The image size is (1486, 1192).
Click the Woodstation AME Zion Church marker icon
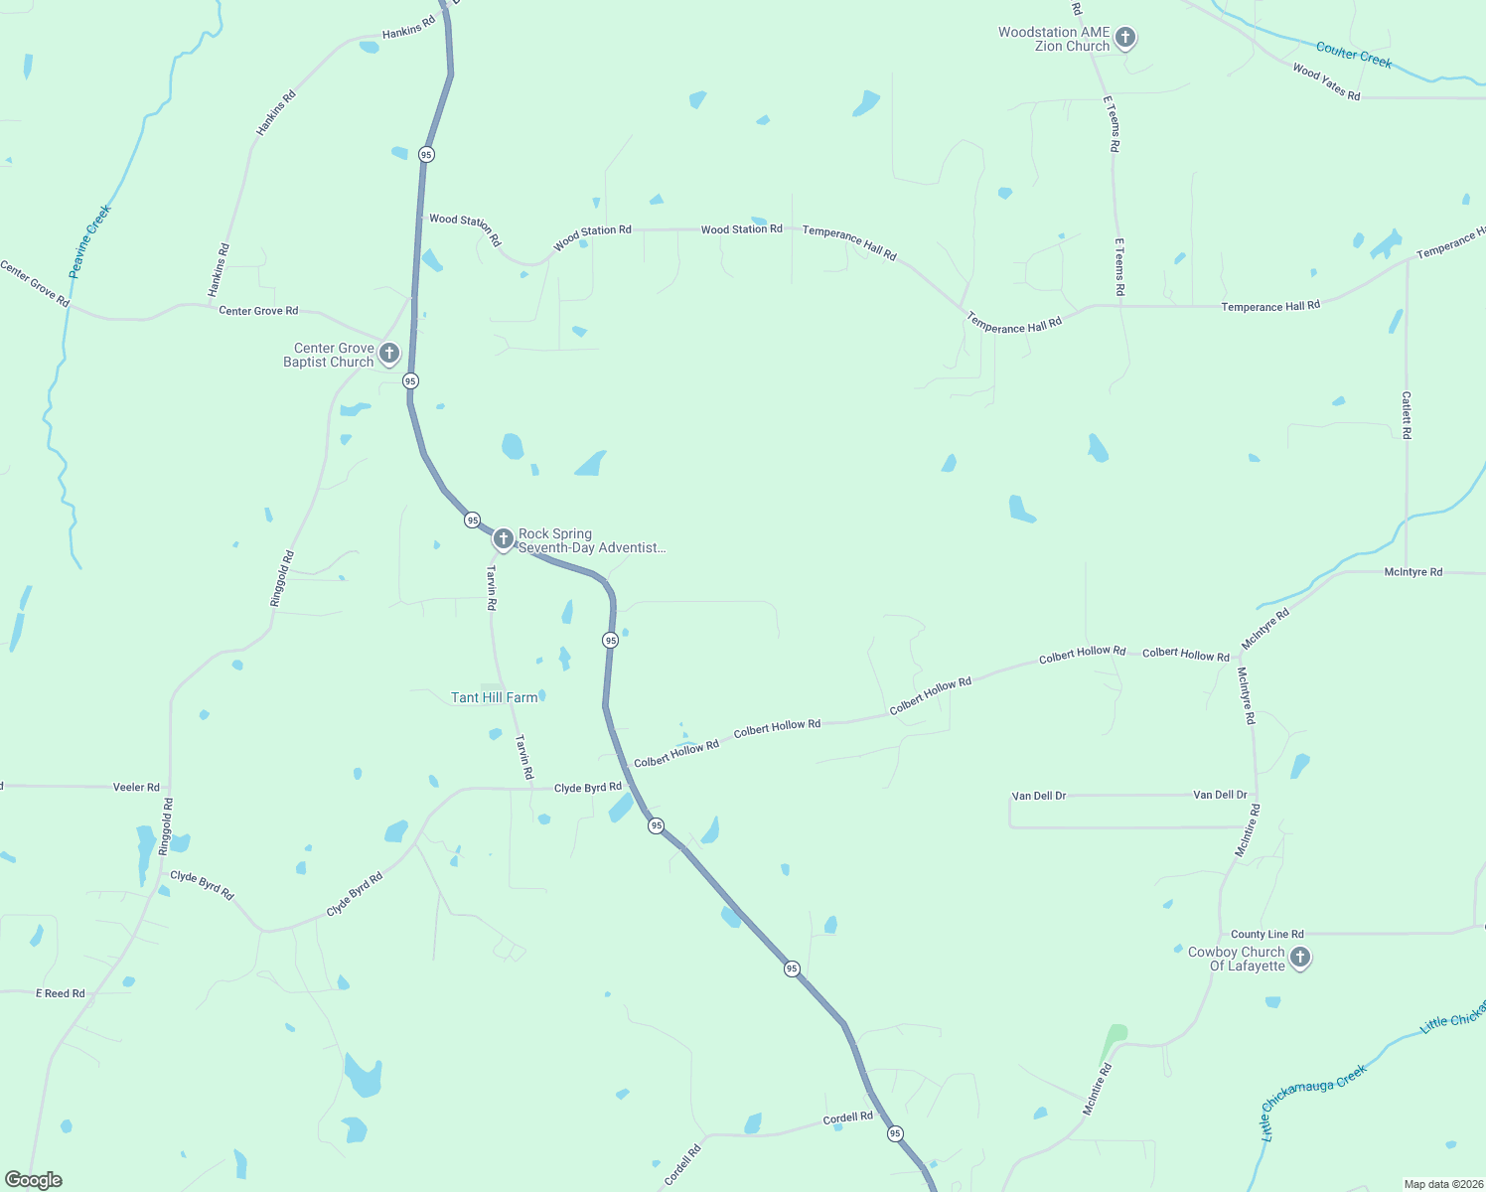point(1124,38)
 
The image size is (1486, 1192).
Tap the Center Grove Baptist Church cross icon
point(389,353)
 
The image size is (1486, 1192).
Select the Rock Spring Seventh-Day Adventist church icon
point(503,539)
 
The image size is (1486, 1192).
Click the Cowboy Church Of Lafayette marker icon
point(1300,958)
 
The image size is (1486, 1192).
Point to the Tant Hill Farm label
point(495,697)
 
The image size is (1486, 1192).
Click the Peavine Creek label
point(89,241)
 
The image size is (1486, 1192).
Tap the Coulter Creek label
point(1353,54)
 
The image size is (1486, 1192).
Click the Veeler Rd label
point(136,787)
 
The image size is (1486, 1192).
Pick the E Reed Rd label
point(61,993)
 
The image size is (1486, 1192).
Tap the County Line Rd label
point(1266,934)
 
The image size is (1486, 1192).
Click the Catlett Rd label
point(1407,415)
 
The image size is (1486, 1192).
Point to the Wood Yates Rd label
point(1326,82)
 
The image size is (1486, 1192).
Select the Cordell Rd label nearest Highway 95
point(847,1117)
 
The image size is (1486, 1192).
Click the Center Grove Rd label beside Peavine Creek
point(35,284)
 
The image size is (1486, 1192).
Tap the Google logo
point(34,1180)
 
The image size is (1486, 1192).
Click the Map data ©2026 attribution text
point(1442,1184)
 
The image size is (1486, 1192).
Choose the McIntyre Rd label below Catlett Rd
point(1412,572)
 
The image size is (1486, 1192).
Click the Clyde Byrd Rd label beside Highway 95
point(587,788)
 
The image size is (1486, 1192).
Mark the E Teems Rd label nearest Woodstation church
point(1113,124)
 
